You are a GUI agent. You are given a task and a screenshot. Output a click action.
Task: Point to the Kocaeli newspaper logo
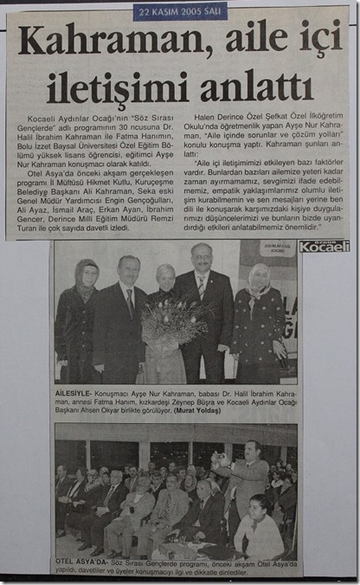click(x=324, y=246)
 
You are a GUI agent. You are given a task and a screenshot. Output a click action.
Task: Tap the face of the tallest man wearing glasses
click(x=202, y=257)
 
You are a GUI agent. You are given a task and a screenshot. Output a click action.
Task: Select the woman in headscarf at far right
click(x=258, y=320)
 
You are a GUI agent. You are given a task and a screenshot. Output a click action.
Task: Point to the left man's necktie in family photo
click(x=131, y=303)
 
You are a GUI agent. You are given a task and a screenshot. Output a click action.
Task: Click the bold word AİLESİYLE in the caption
click(x=75, y=393)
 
